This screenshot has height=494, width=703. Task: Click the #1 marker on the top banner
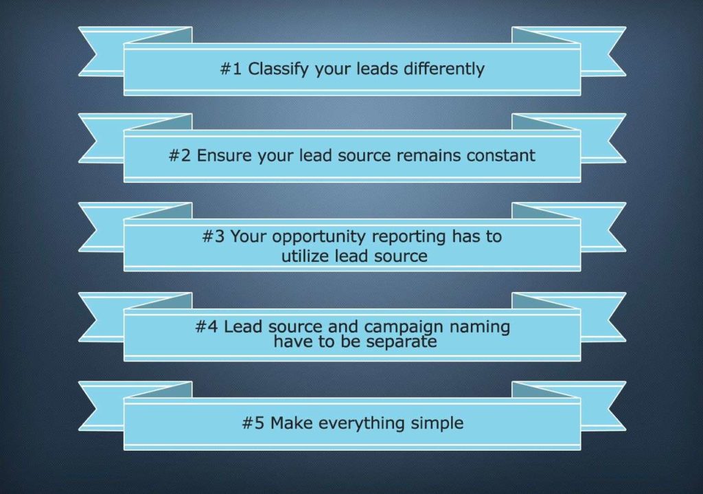tap(231, 69)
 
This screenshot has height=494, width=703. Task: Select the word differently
tap(444, 69)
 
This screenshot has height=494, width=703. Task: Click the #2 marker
tap(180, 155)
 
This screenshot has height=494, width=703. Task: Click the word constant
tap(500, 155)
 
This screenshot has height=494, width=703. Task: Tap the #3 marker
tap(214, 236)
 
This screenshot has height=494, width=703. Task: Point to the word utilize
tap(306, 256)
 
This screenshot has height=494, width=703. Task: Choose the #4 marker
tap(207, 326)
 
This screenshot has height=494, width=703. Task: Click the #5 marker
tap(253, 423)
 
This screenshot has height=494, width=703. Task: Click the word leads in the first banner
tap(377, 69)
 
